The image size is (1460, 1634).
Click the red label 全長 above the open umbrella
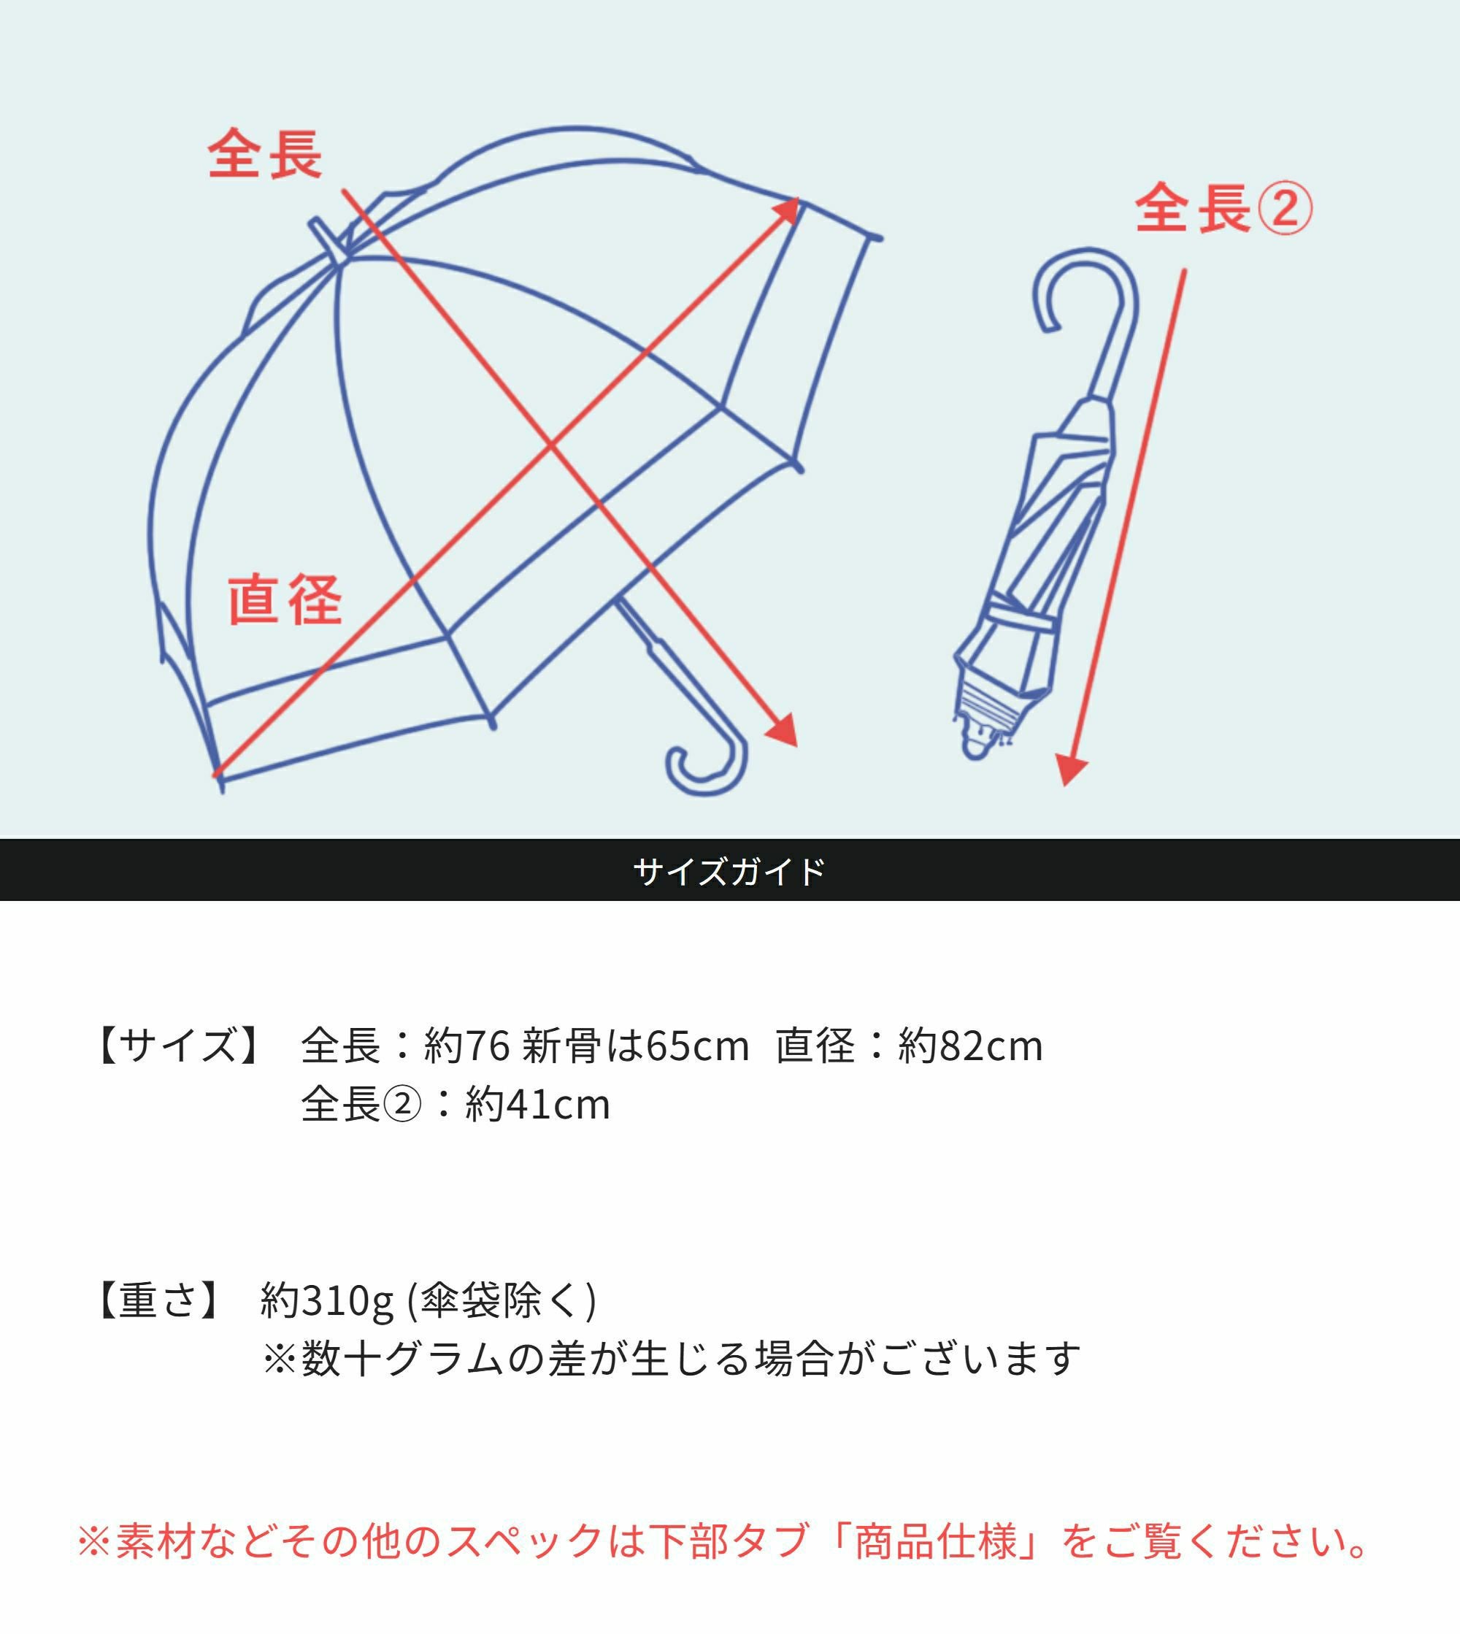tap(265, 154)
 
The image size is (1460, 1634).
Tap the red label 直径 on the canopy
tap(285, 599)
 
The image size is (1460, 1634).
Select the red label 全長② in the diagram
tap(1224, 208)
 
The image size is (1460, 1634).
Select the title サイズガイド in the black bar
tap(729, 870)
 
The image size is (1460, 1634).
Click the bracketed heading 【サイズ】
tap(178, 1044)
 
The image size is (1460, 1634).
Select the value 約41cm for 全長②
tap(537, 1104)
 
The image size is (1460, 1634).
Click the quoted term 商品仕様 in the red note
tap(936, 1540)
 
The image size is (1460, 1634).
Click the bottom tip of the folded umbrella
tap(975, 753)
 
